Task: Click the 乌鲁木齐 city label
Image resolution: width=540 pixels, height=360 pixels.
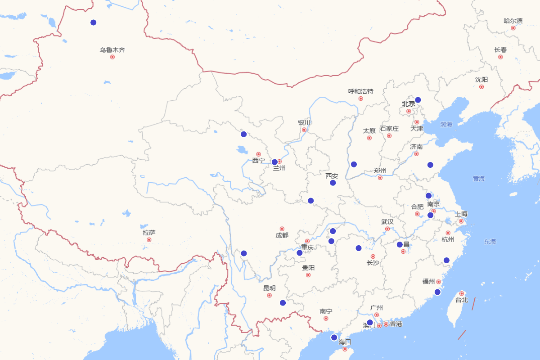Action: click(x=112, y=50)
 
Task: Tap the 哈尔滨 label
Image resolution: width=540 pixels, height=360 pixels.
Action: click(x=513, y=21)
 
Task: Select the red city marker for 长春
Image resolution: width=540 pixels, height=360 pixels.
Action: click(x=500, y=57)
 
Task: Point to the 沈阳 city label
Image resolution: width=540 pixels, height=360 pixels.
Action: click(x=481, y=80)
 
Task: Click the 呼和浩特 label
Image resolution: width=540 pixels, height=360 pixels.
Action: click(x=360, y=91)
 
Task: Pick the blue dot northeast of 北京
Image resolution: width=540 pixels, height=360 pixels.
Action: click(x=418, y=100)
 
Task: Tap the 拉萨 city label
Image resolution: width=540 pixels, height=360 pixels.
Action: click(x=149, y=233)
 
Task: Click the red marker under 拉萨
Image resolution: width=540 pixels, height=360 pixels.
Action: click(x=149, y=240)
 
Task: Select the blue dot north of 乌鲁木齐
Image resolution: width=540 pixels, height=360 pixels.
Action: click(x=94, y=22)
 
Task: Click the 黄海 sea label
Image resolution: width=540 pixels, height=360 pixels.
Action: click(x=479, y=179)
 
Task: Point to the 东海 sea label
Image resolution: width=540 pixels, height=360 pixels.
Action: click(x=490, y=242)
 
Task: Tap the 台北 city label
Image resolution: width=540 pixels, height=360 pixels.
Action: click(x=462, y=300)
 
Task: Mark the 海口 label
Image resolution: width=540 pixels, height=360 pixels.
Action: click(x=345, y=342)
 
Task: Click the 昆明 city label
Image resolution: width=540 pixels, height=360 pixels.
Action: click(x=270, y=288)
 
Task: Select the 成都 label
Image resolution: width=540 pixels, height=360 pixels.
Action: click(x=282, y=235)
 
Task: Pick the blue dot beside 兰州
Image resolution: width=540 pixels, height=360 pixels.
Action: click(x=274, y=162)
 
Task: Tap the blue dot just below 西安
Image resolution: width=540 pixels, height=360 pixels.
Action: click(x=333, y=183)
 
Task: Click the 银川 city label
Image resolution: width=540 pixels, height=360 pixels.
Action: click(x=304, y=122)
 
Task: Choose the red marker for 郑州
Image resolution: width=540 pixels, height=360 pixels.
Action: click(x=380, y=178)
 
